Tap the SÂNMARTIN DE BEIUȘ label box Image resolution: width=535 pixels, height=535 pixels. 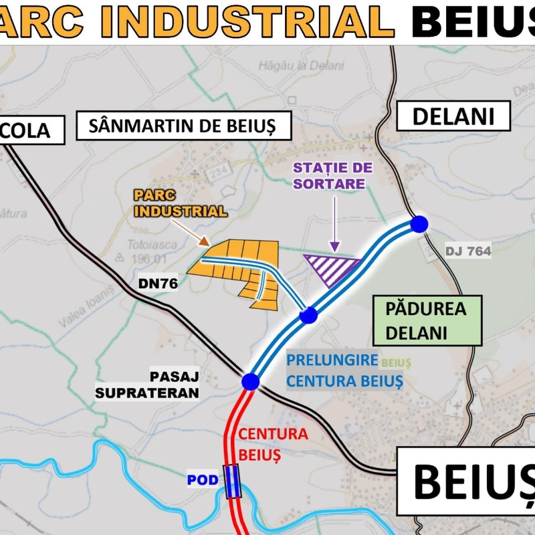(x=185, y=125)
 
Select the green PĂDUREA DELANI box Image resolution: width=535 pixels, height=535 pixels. (x=425, y=320)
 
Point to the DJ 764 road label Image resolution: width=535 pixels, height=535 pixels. (x=469, y=251)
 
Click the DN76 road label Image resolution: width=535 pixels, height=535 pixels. (x=158, y=284)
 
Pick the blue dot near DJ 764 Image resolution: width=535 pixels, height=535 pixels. (x=419, y=224)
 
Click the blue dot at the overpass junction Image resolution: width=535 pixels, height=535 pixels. (x=251, y=381)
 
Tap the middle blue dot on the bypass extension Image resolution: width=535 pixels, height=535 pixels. (x=308, y=315)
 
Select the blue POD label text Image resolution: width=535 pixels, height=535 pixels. (x=203, y=481)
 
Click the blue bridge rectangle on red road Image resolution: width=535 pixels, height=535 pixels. (x=232, y=481)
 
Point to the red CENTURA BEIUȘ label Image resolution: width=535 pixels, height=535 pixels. (x=273, y=444)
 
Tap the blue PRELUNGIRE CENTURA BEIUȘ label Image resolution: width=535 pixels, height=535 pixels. (x=344, y=370)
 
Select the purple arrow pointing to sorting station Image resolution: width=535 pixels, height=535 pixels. (x=335, y=225)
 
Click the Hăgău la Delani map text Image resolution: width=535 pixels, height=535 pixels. (x=300, y=65)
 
